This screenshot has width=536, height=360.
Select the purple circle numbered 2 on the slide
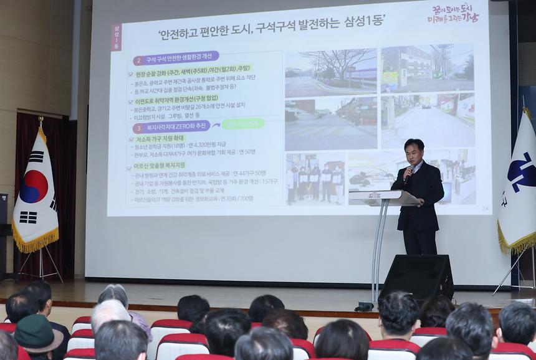click(x=138, y=60)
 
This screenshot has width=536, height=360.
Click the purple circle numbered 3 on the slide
click(x=138, y=127)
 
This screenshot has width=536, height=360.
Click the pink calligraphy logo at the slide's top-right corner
click(x=453, y=13)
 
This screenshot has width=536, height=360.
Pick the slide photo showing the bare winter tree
click(x=330, y=72)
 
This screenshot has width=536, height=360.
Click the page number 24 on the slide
click(x=485, y=208)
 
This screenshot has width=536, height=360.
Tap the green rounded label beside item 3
click(x=243, y=124)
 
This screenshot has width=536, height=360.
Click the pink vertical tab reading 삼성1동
click(x=116, y=37)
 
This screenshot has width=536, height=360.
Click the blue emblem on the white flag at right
click(x=520, y=171)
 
